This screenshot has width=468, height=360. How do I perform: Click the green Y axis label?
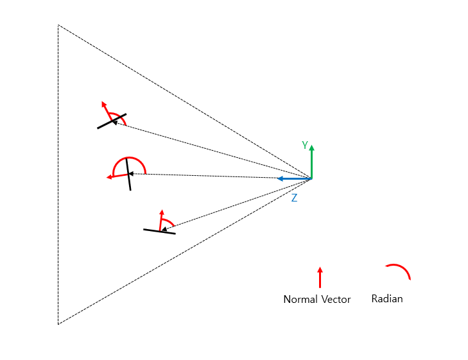306,146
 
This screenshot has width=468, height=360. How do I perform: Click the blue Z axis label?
294,198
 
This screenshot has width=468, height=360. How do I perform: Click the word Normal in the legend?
300,299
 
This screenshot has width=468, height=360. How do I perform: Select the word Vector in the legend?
335,299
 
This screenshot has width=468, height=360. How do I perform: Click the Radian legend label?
387,298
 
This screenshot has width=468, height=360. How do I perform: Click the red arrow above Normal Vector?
320,278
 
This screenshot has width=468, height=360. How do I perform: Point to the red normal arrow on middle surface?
116,176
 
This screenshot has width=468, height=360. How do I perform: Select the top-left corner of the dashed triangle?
58,25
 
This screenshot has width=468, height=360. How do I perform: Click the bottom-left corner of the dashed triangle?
58,324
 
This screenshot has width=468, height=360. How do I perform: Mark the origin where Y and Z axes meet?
311,178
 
